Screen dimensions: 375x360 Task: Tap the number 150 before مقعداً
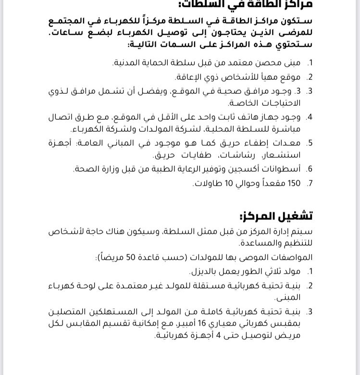coord(294,183)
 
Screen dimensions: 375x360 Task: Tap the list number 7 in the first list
coord(310,183)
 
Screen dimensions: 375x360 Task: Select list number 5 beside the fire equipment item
coord(310,143)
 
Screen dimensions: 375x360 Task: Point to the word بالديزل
coord(201,271)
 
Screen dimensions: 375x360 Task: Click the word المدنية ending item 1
coord(126,63)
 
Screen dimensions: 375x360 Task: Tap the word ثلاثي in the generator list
coord(273,271)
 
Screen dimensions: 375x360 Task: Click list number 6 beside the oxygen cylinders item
coord(310,169)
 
